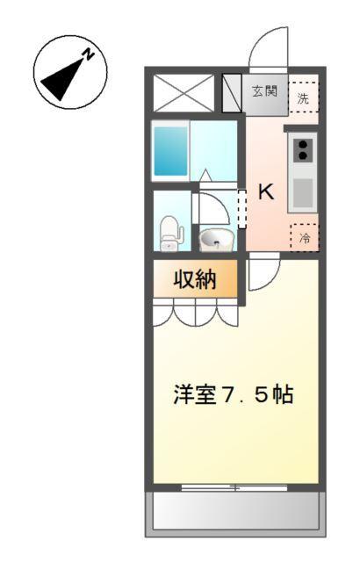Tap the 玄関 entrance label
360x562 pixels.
(x=264, y=90)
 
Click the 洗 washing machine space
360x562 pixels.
(x=304, y=97)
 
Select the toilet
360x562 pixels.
(x=171, y=232)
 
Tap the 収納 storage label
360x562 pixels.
(x=194, y=280)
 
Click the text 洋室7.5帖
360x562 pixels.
(x=232, y=394)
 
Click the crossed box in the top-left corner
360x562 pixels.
(x=184, y=92)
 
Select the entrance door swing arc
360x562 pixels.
(x=268, y=48)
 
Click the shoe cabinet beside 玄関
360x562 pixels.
(x=233, y=92)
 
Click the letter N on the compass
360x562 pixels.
(x=89, y=54)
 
